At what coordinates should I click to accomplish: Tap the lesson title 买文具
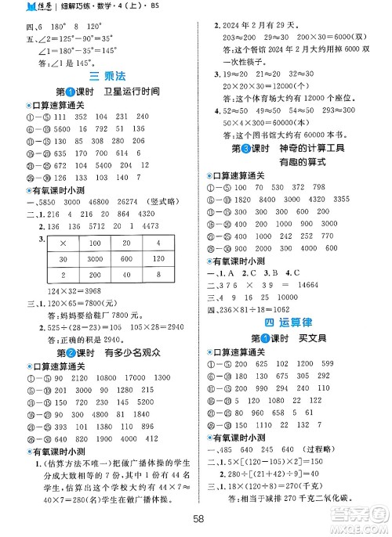pyautogui.click(x=307, y=338)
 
